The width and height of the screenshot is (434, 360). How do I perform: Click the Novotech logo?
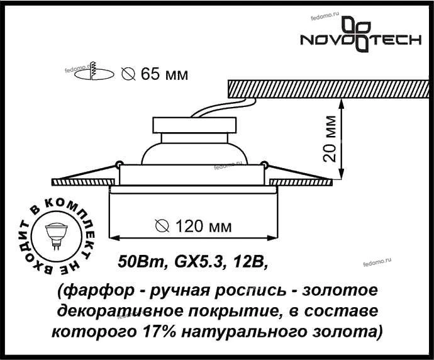click(x=360, y=35)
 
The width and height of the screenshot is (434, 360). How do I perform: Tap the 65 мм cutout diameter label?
click(x=155, y=74)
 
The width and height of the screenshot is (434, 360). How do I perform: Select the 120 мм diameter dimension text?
click(x=194, y=227)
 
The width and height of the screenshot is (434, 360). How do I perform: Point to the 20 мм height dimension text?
click(x=330, y=138)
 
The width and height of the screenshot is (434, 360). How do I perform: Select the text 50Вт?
click(x=141, y=261)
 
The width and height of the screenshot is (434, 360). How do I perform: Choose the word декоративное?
click(x=122, y=312)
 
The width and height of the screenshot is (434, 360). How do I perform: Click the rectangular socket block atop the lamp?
click(x=194, y=125)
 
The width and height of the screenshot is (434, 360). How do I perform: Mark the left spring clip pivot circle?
click(x=119, y=164)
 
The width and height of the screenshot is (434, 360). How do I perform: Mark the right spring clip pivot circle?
click(x=265, y=164)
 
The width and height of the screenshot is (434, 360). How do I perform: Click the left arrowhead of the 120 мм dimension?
click(x=114, y=238)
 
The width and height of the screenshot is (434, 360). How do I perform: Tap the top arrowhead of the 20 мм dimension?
click(x=342, y=103)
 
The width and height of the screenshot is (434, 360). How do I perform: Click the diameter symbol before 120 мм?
click(x=162, y=226)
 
